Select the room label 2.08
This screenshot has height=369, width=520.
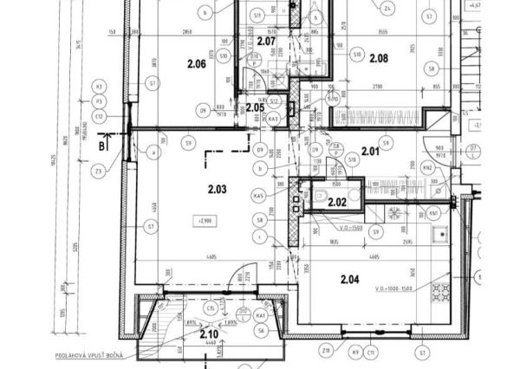pyautogui.click(x=380, y=59)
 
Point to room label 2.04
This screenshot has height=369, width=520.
pyautogui.click(x=349, y=279)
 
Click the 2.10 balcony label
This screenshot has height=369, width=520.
pyautogui.click(x=209, y=333)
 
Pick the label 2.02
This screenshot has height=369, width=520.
pyautogui.click(x=337, y=203)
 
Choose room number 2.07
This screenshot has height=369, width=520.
pyautogui.click(x=266, y=42)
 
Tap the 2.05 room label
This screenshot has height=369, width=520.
pyautogui.click(x=255, y=107)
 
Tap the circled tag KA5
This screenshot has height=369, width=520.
pyautogui.click(x=258, y=197)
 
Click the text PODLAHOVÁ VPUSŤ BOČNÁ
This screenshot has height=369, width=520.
pyautogui.click(x=91, y=355)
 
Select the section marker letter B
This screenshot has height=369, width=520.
pyautogui.click(x=102, y=146)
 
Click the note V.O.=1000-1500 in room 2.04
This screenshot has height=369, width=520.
pyautogui.click(x=393, y=288)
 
